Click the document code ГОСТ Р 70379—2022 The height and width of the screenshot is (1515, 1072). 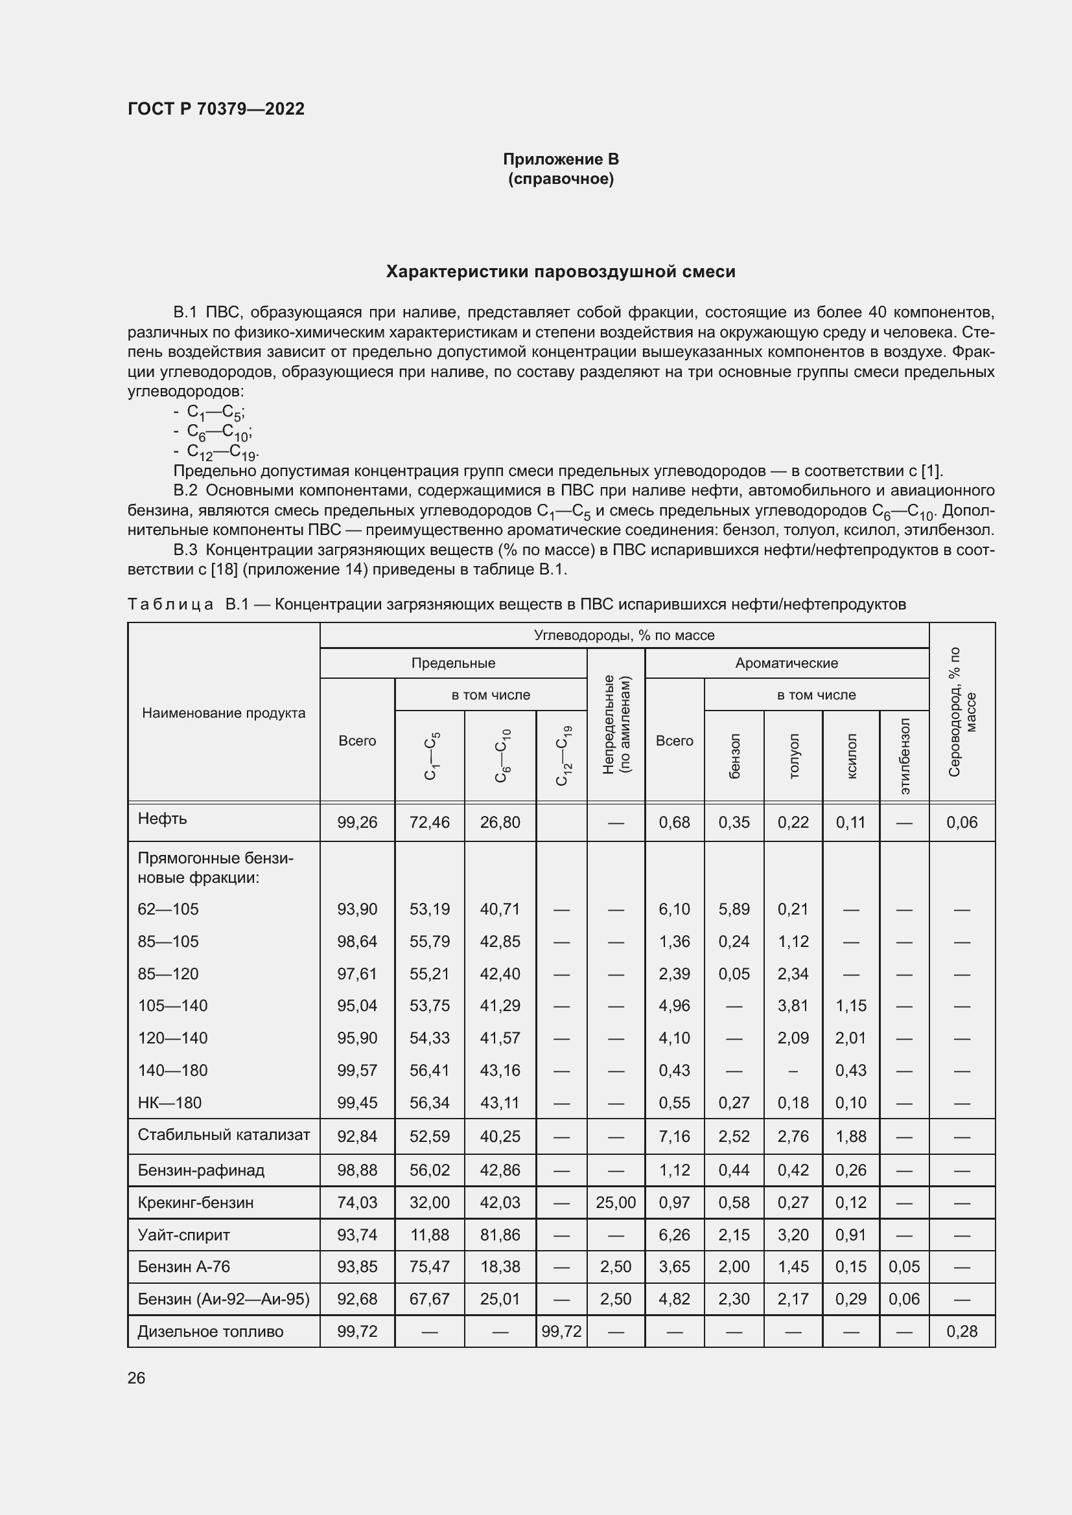pos(216,109)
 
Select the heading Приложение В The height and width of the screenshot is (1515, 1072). pos(561,159)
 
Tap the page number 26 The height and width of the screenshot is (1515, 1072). pos(136,1378)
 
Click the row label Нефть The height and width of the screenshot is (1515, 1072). pos(163,819)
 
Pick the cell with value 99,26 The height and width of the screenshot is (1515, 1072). pos(357,822)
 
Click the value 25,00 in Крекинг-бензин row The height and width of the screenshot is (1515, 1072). pos(615,1202)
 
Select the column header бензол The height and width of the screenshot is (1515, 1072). pos(734,756)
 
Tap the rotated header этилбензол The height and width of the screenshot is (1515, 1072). pos(904,756)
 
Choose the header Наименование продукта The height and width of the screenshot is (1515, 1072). pos(224,712)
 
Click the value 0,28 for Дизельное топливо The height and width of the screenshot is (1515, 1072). pos(962,1331)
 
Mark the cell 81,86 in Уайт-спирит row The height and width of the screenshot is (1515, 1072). pos(500,1235)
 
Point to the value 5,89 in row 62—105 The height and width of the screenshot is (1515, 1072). pos(734,909)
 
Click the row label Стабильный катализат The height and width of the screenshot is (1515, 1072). pos(223,1135)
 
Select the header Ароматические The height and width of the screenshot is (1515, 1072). pos(786,663)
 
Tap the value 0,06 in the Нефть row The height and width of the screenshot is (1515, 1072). pos(962,822)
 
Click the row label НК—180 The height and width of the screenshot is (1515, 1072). pos(170,1102)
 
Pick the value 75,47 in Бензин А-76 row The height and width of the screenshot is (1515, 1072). pos(429,1266)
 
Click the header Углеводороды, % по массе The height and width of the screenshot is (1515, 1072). pos(623,635)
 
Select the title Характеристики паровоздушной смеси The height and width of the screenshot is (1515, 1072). pos(561,272)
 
